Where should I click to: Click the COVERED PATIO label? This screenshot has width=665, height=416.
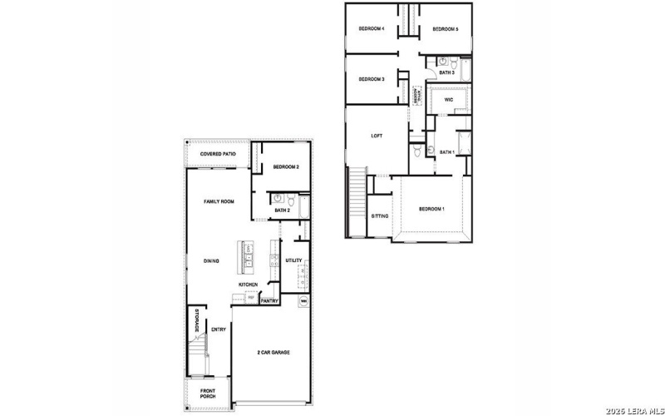pos(218,154)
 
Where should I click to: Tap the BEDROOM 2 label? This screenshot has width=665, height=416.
pos(286,167)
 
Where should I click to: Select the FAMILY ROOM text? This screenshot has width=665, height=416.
pos(219,201)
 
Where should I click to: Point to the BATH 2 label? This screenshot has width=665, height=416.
pos(282,210)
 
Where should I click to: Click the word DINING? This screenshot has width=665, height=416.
pos(211,261)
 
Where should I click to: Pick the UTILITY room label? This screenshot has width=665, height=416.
pos(293,260)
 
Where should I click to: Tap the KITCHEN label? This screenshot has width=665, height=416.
pos(249,285)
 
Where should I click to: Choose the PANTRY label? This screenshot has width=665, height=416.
pos(268,301)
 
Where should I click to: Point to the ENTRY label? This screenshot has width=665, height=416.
pos(219,329)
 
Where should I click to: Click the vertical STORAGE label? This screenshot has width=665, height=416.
pos(196,321)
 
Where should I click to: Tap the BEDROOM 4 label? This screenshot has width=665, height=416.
pos(371,28)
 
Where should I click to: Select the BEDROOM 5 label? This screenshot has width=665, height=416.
pos(446,29)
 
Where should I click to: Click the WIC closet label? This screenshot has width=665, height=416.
pos(448,99)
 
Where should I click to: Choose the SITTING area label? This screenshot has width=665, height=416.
pos(379,215)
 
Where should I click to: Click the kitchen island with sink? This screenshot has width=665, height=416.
pos(248,257)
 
